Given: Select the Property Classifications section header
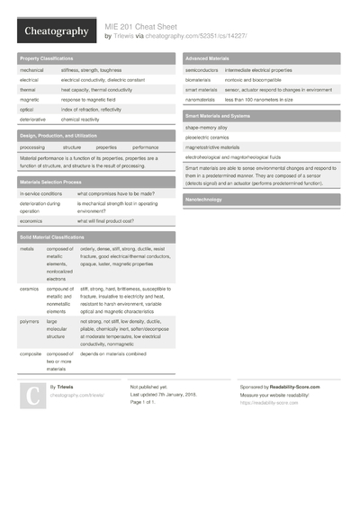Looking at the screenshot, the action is pyautogui.click(x=47, y=58).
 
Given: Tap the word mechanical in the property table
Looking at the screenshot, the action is pyautogui.click(x=31, y=69).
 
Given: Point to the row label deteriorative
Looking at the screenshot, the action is pyautogui.click(x=32, y=119).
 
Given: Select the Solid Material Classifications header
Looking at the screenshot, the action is pyautogui.click(x=57, y=236).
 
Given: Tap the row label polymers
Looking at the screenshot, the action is pyautogui.click(x=30, y=320).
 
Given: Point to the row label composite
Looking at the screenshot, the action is pyautogui.click(x=31, y=354).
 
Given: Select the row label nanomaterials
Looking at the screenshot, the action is pyautogui.click(x=203, y=100).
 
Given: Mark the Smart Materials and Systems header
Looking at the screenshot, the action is pyautogui.click(x=218, y=116).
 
